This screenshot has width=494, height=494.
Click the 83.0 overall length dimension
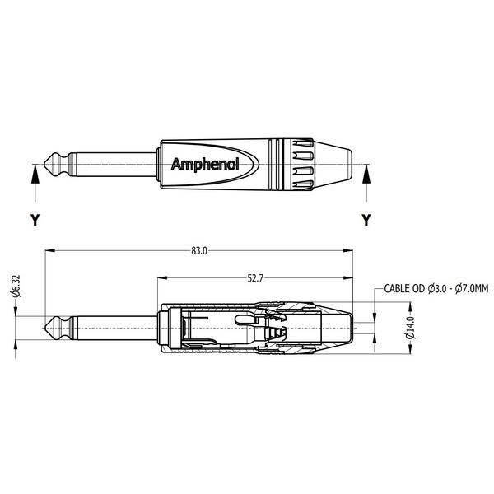[199, 250]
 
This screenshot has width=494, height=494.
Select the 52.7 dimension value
[254, 279]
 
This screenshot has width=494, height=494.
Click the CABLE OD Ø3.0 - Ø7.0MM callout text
[436, 289]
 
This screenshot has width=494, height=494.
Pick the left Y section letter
[34, 220]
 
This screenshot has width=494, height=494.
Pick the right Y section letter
[366, 220]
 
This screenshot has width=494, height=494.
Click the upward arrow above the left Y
[34, 177]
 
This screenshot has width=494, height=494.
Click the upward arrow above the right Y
[366, 177]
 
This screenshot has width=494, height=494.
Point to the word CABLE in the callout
[397, 289]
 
